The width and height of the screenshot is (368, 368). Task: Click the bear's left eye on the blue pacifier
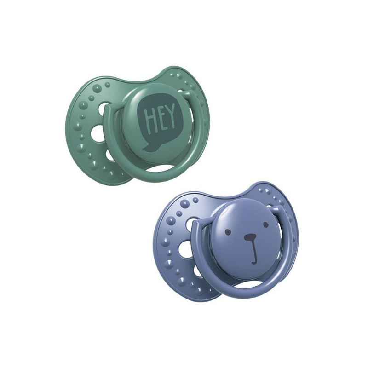click(226, 232)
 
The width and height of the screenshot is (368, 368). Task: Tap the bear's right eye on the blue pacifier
click(265, 224)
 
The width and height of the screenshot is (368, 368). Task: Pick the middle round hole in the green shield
click(97, 132)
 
